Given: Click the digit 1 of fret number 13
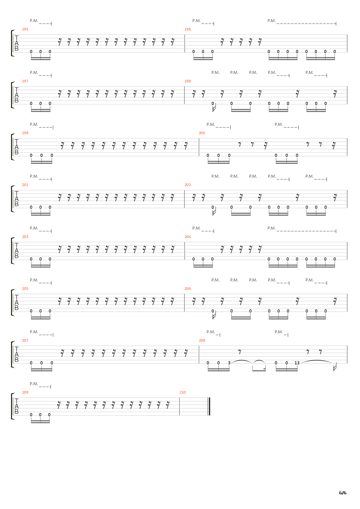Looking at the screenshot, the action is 296,363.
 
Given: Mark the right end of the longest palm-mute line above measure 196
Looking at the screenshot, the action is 336,23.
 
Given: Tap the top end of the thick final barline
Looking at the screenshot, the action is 209,398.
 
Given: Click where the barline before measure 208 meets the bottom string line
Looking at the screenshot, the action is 199,363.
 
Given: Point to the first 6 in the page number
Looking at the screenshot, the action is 341,493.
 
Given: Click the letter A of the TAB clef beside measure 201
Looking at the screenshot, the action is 17,199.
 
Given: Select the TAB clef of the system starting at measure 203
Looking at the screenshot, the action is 17,251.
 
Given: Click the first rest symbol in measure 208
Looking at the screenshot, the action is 240,352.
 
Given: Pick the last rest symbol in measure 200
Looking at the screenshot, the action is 334,146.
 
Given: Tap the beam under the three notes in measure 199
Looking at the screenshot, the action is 42,162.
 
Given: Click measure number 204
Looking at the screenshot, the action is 187,237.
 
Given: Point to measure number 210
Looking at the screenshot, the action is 183,392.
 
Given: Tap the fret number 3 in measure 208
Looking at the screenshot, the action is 229,363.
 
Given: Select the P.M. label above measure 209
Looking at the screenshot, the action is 34,384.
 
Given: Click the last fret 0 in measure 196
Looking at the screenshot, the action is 335,52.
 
